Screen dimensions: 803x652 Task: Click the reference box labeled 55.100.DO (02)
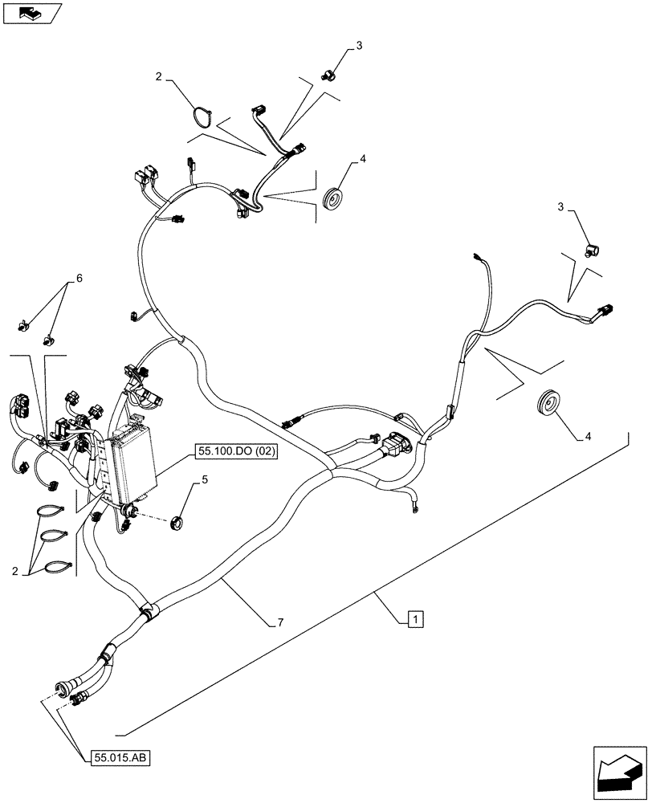235,453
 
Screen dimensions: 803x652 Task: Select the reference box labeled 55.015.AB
120,757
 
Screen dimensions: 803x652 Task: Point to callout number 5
205,480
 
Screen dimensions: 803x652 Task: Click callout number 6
79,279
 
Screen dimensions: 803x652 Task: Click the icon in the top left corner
31,14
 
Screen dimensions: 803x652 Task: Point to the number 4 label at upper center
363,160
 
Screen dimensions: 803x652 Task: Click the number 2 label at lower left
16,571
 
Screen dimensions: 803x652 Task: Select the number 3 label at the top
359,46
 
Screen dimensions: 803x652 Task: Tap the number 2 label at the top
159,77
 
